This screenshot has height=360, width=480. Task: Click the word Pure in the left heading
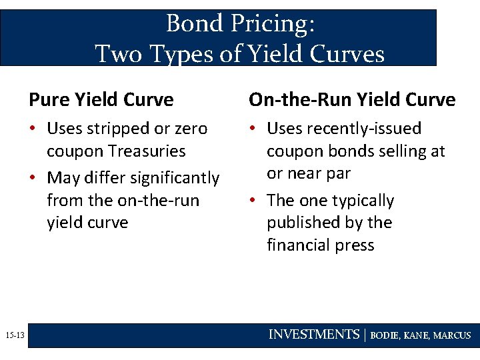point(49,100)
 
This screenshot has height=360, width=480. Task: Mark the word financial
point(298,245)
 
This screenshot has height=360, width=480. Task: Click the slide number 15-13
point(14,335)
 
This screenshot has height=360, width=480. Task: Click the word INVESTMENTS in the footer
point(314,335)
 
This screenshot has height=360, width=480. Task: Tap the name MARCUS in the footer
point(452,335)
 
